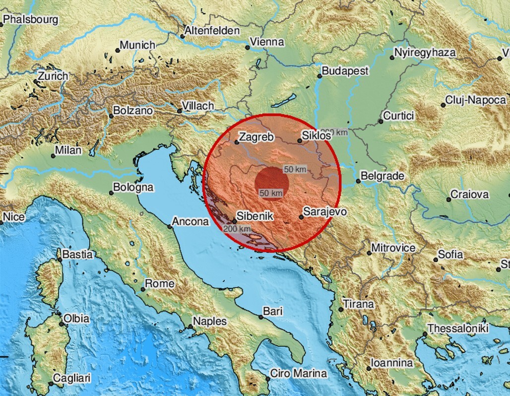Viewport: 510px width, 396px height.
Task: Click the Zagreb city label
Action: pos(256,137)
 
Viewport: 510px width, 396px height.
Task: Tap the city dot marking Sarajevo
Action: pos(301,217)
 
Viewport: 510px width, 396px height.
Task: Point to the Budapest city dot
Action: pos(319,76)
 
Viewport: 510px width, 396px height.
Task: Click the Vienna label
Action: pos(267,42)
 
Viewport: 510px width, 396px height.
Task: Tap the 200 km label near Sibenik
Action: pos(237,229)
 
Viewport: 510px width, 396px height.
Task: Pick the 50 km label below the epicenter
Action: pos(271,193)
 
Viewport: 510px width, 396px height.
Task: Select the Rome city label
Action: pos(160,284)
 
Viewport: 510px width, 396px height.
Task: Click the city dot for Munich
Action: pos(117,50)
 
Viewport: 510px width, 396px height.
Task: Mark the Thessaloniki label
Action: pos(458,329)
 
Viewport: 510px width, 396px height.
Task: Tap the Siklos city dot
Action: pos(300,141)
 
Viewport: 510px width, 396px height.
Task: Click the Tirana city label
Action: pos(359,304)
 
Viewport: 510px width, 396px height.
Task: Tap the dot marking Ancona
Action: pos(170,227)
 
